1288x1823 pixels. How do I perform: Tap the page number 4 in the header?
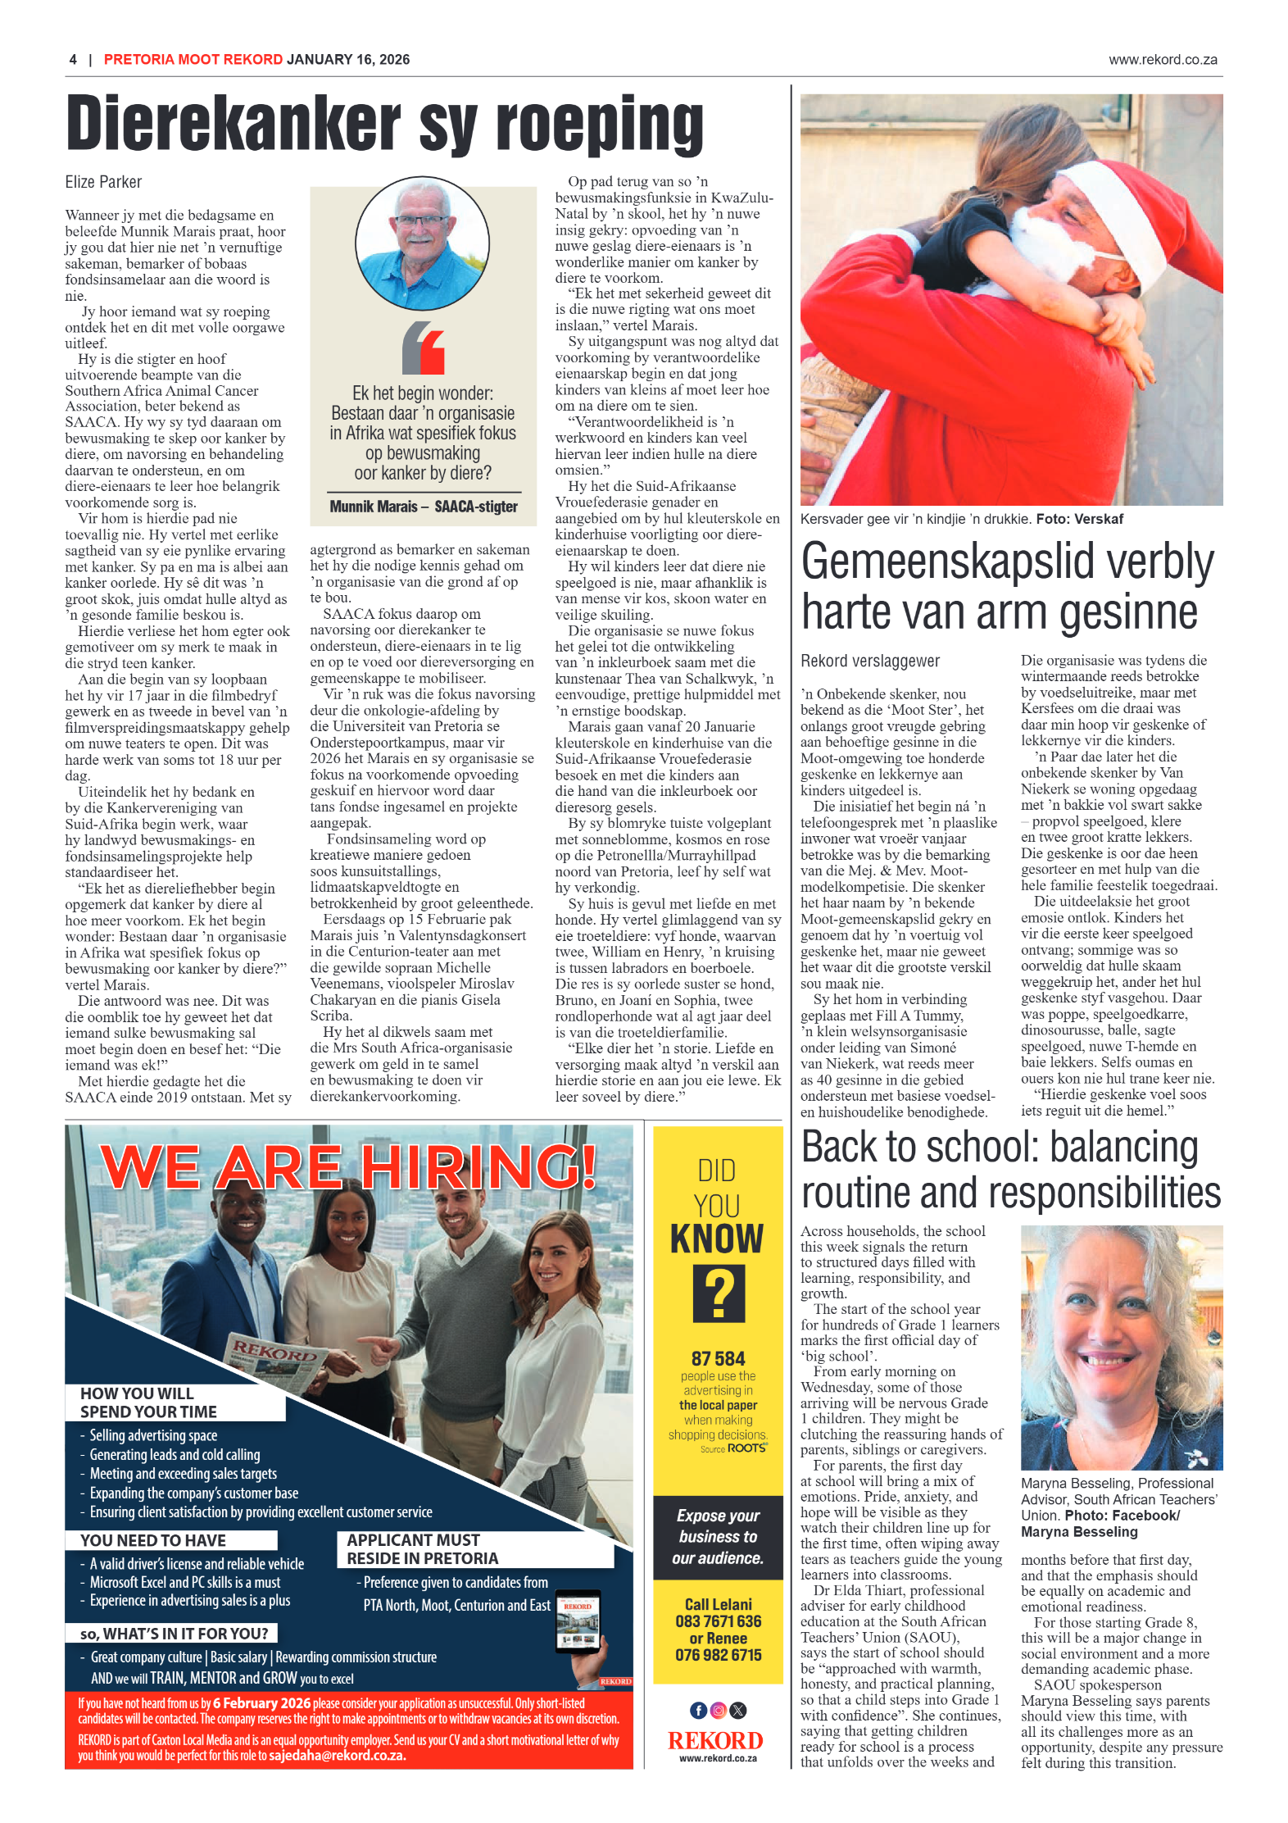click(73, 60)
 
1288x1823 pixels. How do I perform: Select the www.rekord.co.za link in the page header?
click(1162, 60)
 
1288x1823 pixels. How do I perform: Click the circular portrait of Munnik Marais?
click(422, 243)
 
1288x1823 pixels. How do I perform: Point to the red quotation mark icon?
click(423, 348)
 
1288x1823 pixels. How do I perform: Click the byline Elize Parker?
click(103, 182)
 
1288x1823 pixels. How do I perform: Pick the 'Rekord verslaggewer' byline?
click(869, 661)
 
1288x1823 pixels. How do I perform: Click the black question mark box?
click(719, 1293)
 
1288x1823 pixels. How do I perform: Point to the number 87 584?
click(718, 1358)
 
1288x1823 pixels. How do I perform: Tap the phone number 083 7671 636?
click(718, 1621)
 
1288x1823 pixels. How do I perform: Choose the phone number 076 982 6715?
click(718, 1655)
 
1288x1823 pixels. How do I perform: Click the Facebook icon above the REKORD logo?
click(698, 1710)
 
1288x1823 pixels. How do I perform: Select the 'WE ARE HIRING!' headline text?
click(348, 1166)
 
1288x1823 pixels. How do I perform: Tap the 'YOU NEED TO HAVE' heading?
click(153, 1540)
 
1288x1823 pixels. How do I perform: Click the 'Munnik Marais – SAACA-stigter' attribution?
click(423, 507)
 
